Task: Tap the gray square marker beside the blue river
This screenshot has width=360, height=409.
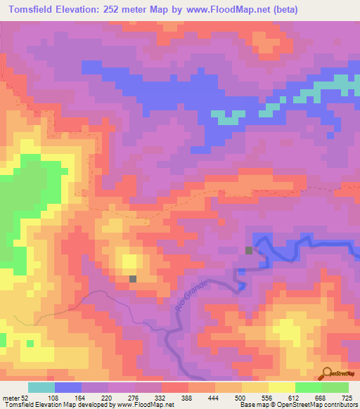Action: pyautogui.click(x=249, y=250)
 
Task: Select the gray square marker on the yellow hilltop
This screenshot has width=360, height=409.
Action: pyautogui.click(x=132, y=279)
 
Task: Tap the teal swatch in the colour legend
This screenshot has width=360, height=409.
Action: pyautogui.click(x=41, y=387)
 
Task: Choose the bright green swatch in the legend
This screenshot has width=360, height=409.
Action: pyautogui.click(x=308, y=387)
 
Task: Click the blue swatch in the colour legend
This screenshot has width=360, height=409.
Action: pyautogui.click(x=67, y=387)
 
